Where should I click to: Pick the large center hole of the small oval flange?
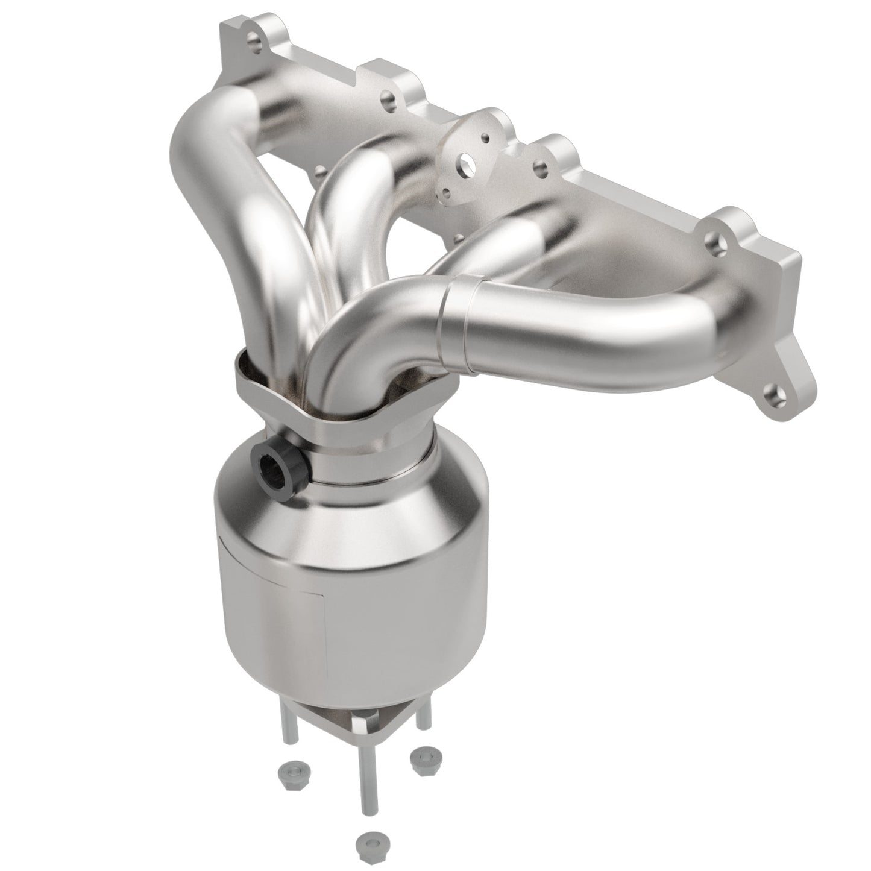(x=464, y=160)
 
